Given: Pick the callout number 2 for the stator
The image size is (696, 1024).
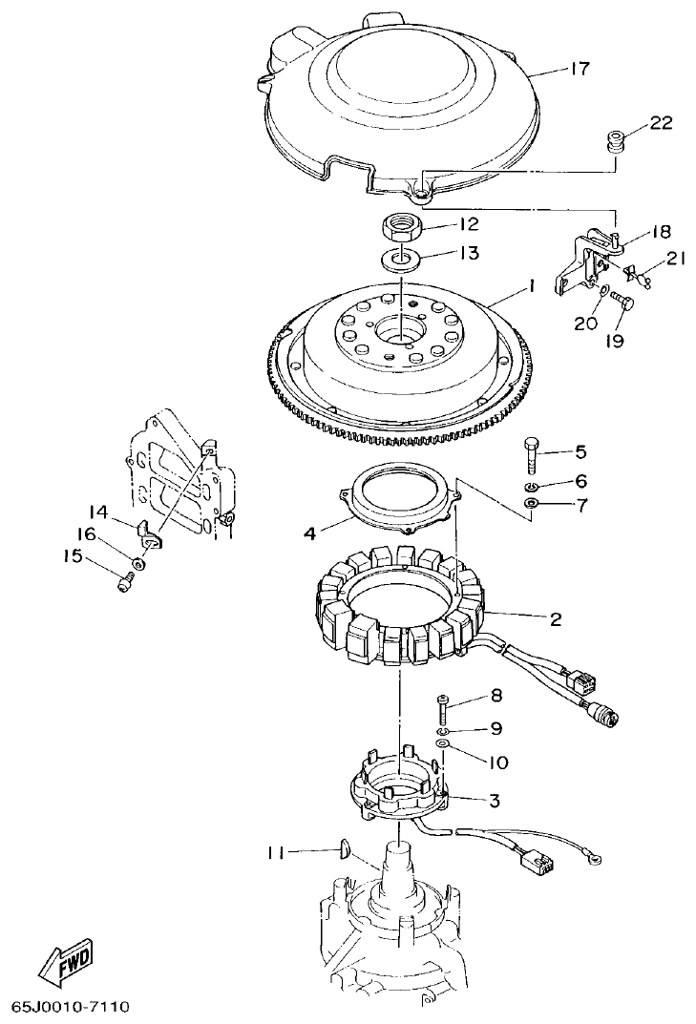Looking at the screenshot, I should click(555, 618).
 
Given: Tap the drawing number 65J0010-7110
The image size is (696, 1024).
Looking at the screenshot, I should click(71, 1007).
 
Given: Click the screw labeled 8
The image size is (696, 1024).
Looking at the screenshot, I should click(443, 710).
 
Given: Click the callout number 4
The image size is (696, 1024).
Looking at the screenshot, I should click(308, 533).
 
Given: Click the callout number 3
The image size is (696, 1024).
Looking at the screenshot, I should click(494, 800).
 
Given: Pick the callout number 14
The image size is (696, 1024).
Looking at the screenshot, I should click(99, 512).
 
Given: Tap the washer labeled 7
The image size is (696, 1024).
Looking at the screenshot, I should click(533, 503).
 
